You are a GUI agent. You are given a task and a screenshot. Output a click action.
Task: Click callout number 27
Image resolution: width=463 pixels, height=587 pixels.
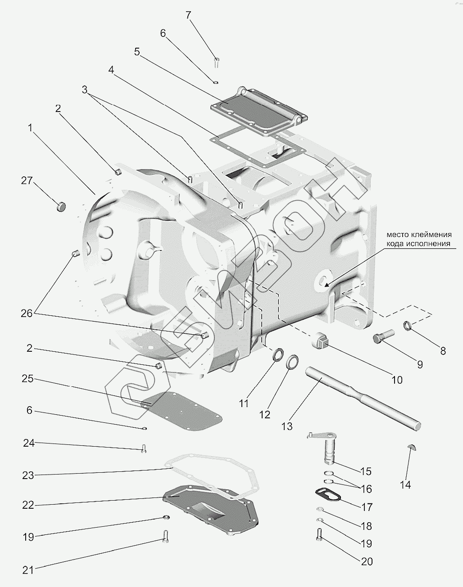tap(27, 181)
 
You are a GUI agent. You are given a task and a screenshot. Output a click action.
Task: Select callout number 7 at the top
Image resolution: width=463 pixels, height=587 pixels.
tap(188, 15)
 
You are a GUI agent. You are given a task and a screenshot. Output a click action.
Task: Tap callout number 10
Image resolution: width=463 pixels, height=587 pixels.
tap(397, 380)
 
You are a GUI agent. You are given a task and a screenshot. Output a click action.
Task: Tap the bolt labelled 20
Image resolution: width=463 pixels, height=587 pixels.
tap(320, 534)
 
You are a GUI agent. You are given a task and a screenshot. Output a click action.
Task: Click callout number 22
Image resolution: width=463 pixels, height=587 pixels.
tap(28, 505)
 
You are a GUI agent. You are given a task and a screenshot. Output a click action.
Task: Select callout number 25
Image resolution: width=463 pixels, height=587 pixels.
tap(28, 379)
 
